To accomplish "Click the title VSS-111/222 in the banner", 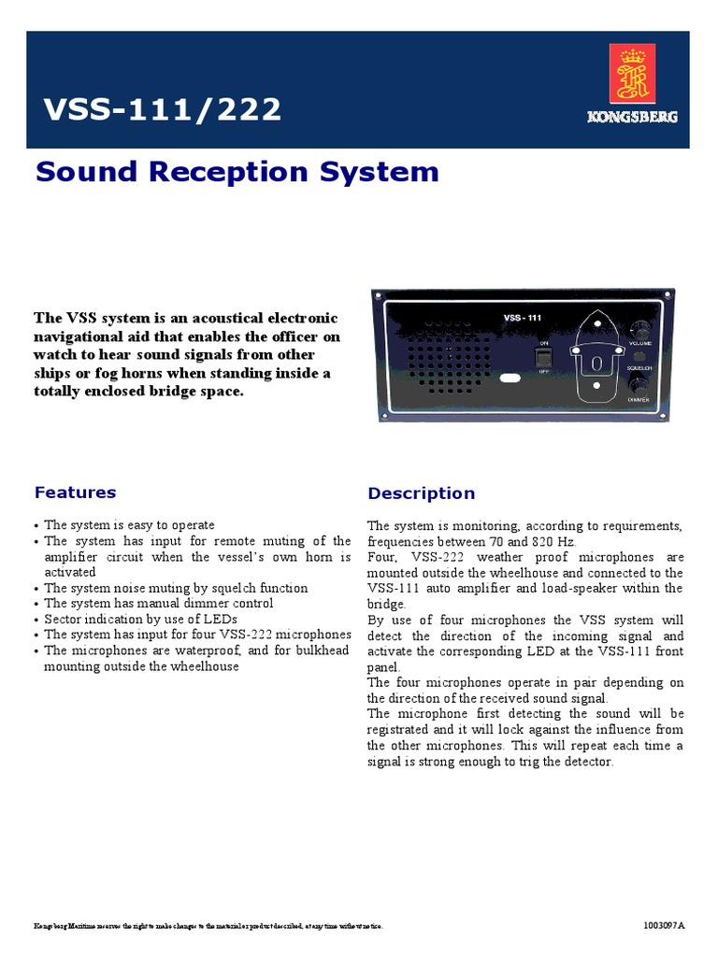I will click(163, 109).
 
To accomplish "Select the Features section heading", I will click(75, 493).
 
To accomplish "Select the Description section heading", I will click(421, 493).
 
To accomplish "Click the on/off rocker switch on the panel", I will click(544, 357).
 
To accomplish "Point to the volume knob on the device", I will click(641, 329).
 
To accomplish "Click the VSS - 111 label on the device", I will click(523, 319).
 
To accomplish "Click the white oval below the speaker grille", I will click(510, 379).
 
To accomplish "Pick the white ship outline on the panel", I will click(596, 358).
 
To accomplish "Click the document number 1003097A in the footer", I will click(664, 926).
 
